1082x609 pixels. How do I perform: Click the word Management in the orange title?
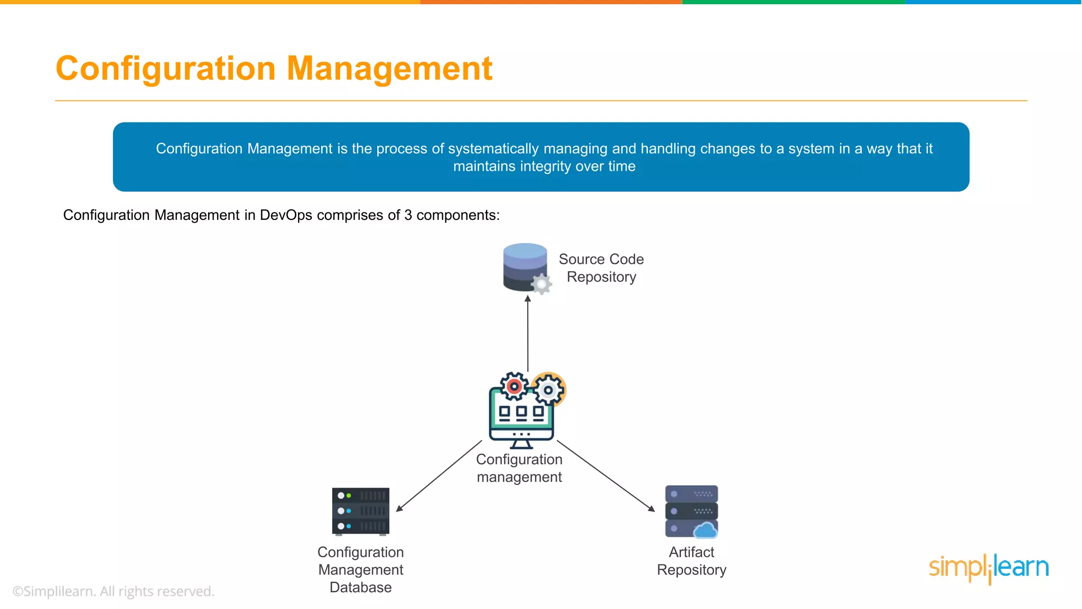coord(389,69)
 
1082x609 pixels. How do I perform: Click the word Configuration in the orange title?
coord(165,69)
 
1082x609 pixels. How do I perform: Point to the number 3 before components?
coord(408,215)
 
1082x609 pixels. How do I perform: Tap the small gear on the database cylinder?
coord(542,284)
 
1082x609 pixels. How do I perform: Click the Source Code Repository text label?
coord(601,268)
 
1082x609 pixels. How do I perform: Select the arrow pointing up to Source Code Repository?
coord(527,333)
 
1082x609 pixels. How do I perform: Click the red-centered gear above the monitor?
coord(514,386)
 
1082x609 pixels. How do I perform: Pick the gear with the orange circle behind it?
coord(549,390)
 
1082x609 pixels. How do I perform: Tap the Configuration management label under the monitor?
coord(519,468)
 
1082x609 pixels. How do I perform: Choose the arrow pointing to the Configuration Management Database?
coord(439,476)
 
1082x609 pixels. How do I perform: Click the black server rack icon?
coord(361,511)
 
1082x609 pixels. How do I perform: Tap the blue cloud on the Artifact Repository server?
coord(705,530)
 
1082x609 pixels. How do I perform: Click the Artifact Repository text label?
coord(692,561)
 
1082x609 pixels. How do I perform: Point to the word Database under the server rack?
coord(361,587)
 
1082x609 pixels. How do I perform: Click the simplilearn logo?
coord(988,568)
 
